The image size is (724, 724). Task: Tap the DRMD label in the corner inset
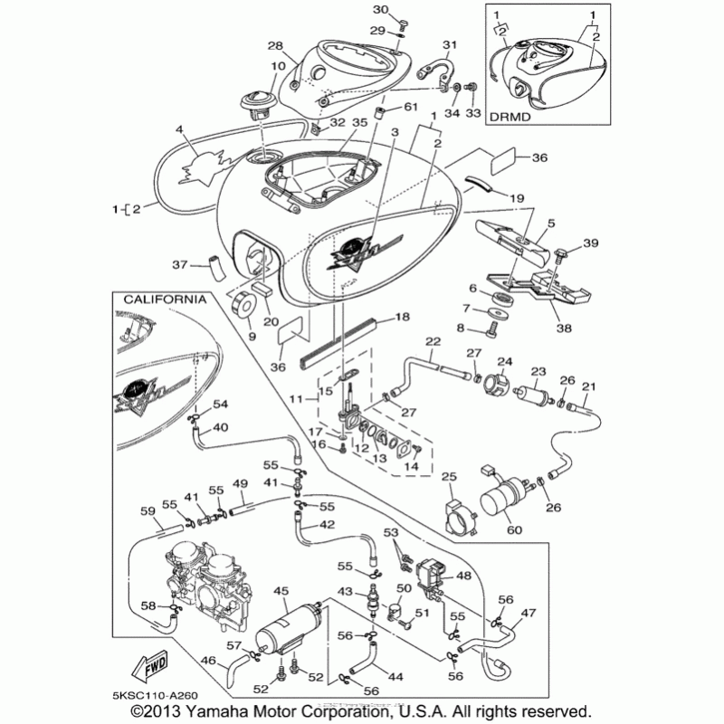pos(509,117)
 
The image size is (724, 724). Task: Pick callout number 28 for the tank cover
pos(276,46)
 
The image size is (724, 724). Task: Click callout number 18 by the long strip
pos(403,319)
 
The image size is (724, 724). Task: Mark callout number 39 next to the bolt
pos(591,243)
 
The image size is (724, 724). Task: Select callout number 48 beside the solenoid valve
pos(462,576)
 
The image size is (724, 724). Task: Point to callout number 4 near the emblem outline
pos(180,130)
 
